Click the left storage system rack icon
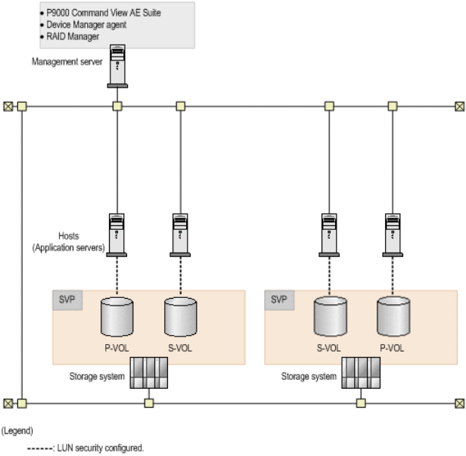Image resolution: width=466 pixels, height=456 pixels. pos(149,372)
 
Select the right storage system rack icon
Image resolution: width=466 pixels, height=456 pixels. pos(360,372)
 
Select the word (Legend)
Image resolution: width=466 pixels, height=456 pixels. pos(17,430)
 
